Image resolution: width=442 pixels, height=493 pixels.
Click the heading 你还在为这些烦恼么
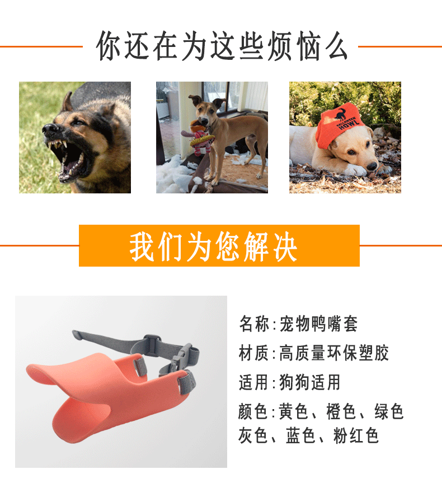[x=222, y=46]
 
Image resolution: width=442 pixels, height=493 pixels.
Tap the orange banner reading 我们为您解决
[x=219, y=245]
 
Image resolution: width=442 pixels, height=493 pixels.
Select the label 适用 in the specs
[x=253, y=383]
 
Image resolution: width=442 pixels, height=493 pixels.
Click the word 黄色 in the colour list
[x=294, y=413]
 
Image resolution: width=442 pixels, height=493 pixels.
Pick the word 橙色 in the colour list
[x=342, y=413]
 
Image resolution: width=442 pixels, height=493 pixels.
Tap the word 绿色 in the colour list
[x=389, y=413]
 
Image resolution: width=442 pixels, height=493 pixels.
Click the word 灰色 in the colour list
[x=253, y=435]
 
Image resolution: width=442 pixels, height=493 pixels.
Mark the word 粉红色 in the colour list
[x=356, y=435]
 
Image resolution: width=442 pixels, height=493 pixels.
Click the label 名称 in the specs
[x=253, y=324]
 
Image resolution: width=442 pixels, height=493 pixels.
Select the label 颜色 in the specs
[x=253, y=413]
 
